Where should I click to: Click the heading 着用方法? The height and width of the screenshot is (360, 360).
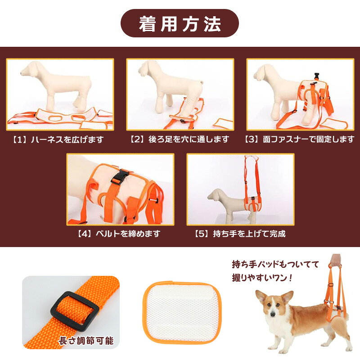coord(180,24)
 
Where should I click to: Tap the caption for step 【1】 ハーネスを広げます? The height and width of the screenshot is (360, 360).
coord(58,139)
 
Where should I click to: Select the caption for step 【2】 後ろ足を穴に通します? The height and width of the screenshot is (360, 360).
coord(180,139)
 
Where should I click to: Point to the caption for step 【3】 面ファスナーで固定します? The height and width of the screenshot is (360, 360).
coord(299,139)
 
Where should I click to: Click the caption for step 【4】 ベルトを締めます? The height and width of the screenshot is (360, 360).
coord(119,234)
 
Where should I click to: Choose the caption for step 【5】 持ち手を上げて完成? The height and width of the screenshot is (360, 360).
coord(240,234)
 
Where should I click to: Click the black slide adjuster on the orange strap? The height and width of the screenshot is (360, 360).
coord(75,311)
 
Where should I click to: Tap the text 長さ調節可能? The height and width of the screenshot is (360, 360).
coord(86,341)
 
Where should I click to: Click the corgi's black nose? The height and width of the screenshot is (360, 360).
coord(273,314)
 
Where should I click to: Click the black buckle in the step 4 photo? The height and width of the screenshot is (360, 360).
coord(120,177)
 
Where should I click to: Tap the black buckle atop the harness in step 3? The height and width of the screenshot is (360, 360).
coord(317,76)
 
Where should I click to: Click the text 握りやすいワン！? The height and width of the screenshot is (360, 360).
coord(262,278)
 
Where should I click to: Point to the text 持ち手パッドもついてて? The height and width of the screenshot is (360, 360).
coord(275,264)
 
